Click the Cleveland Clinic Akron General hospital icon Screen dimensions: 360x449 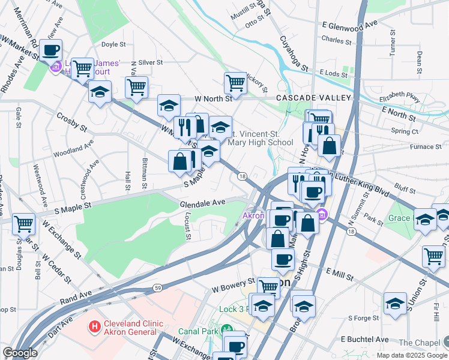click(94, 327)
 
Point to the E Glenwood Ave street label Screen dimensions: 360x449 click(349, 25)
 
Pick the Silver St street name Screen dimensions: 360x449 click(151, 62)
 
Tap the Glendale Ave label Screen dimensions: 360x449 click(202, 203)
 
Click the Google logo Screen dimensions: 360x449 click(19, 353)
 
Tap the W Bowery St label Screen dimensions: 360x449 click(234, 285)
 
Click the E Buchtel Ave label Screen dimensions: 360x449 click(365, 339)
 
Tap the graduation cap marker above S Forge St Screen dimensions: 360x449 click(395, 302)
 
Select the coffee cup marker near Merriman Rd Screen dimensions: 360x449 click(51, 50)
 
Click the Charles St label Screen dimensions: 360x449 click(336, 41)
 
